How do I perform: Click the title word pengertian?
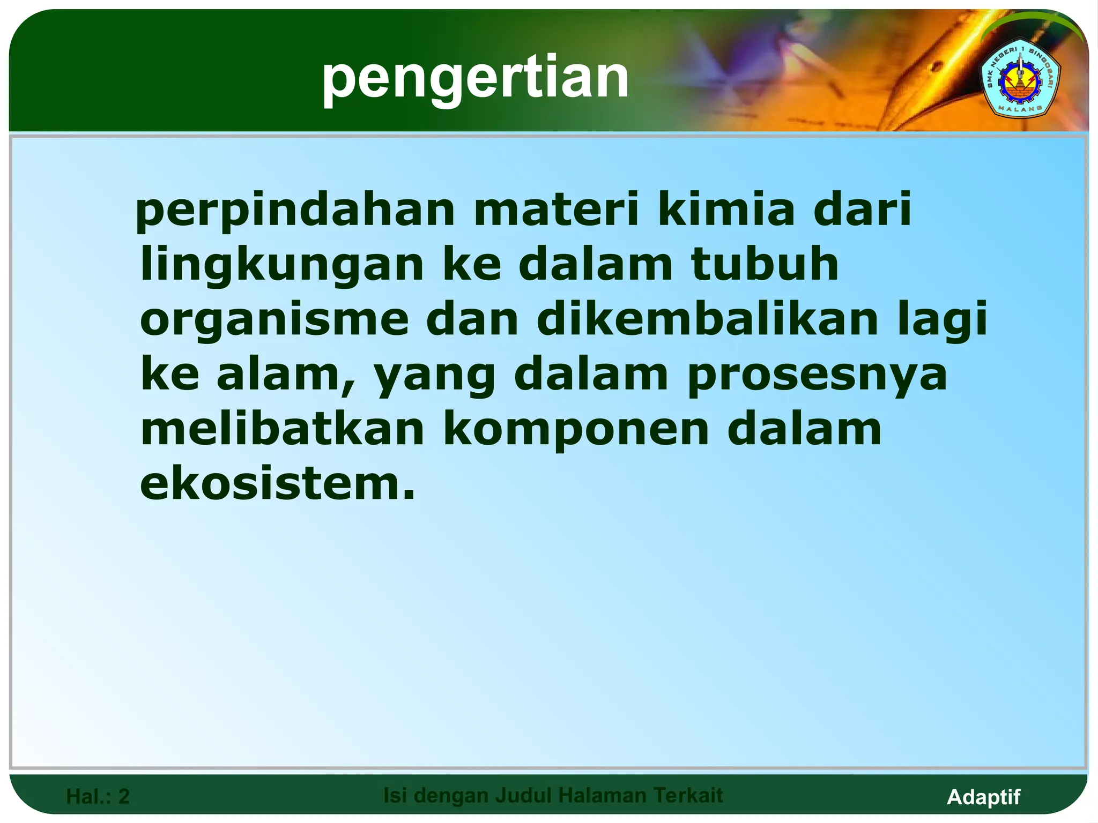pos(475,79)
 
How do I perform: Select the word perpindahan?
pos(295,211)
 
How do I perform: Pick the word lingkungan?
pos(282,266)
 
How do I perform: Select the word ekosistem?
pos(277,484)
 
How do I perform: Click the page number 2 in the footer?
pos(124,797)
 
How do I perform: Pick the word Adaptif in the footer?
pos(983,797)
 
